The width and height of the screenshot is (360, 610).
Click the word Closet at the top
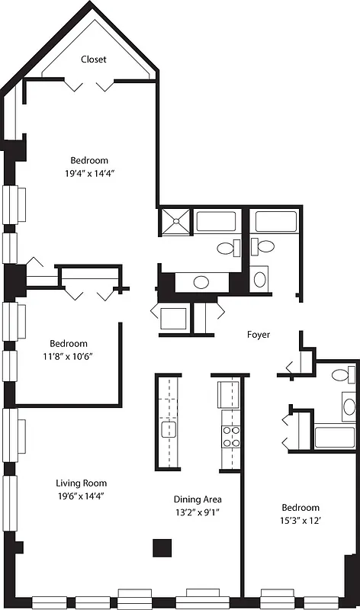[95, 59]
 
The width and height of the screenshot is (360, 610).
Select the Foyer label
[259, 335]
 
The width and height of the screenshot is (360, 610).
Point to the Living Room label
[81, 483]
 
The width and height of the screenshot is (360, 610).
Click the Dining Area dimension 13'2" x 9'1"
[197, 513]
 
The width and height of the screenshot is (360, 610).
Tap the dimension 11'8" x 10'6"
[69, 356]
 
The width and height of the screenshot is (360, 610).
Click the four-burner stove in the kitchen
[230, 436]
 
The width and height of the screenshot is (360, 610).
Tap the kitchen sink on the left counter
[168, 430]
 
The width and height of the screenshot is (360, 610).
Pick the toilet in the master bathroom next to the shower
[227, 248]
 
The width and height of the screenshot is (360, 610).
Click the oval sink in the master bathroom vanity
[201, 282]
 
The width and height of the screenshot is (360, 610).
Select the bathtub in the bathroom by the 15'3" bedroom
[334, 438]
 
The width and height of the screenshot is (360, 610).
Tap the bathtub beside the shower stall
[220, 222]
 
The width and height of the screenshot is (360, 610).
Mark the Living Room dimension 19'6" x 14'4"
[81, 496]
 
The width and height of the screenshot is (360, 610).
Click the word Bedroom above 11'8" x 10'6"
[69, 343]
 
